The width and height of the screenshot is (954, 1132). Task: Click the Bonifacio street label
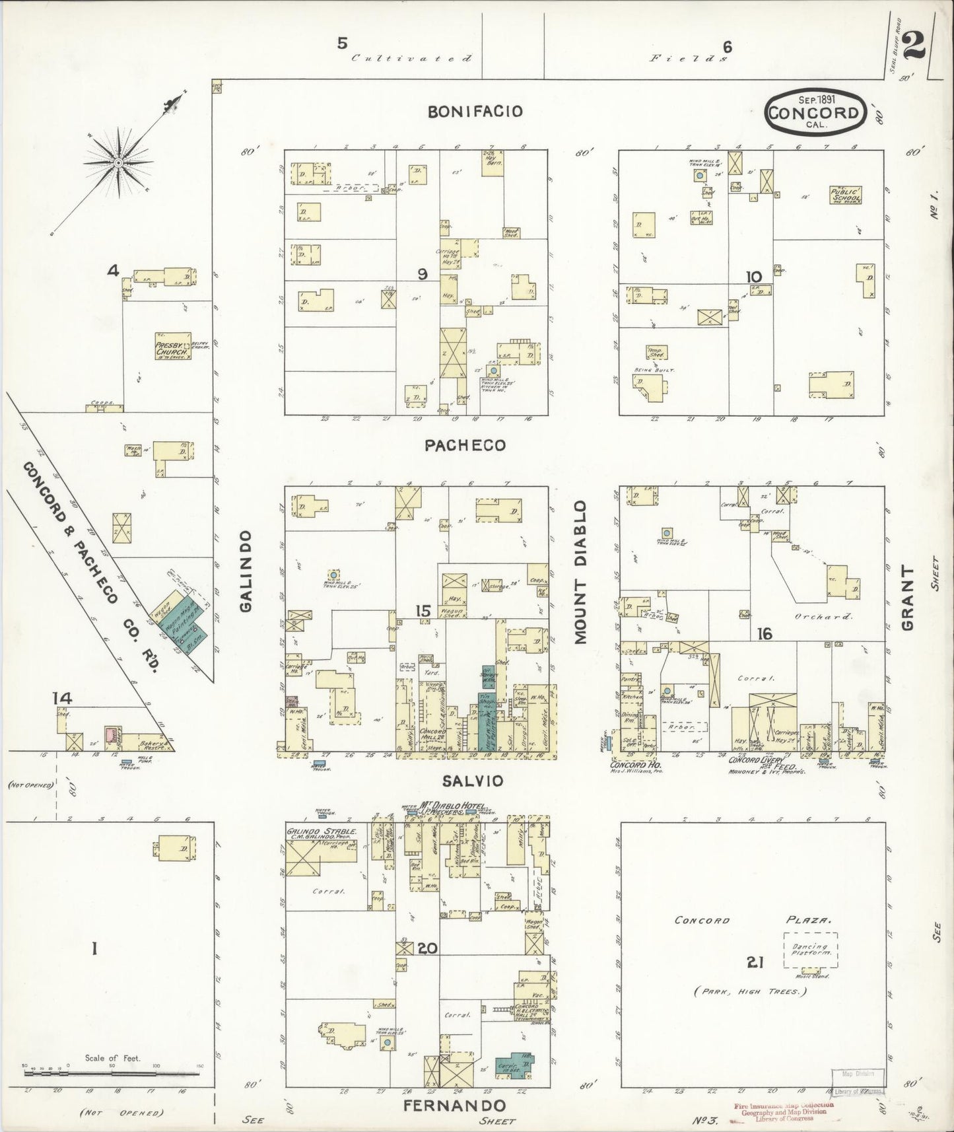point(475,112)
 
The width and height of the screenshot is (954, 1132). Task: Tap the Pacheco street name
point(465,446)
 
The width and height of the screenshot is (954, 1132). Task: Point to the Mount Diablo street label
point(580,572)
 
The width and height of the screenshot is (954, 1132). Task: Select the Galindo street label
point(246,571)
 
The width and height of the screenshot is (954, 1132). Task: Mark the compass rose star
point(118,162)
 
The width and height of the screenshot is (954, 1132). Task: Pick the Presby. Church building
point(172,347)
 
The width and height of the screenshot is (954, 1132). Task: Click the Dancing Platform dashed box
point(810,950)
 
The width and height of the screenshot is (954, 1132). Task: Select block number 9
point(423,274)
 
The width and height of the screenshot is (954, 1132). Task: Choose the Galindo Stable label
point(322,833)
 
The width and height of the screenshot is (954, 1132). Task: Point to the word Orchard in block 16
point(829,616)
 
